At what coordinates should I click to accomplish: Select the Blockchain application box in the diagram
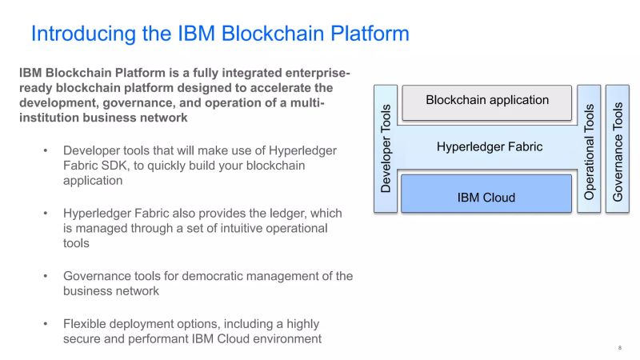487,100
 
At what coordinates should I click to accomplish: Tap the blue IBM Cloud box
486,197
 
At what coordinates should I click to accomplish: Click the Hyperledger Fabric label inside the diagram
490,146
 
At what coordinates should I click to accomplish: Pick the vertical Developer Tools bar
386,148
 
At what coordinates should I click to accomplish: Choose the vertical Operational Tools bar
589,148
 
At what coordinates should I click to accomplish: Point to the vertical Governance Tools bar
618,148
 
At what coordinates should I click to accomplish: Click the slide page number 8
620,347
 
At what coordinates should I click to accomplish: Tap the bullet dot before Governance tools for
46,276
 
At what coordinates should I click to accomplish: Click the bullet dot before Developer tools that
46,150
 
